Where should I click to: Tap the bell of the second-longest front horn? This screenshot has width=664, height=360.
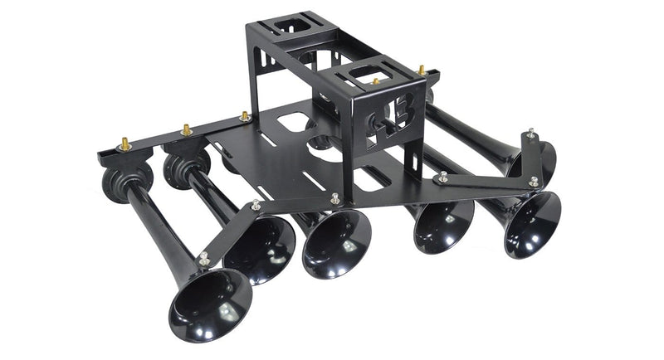(x=260, y=246)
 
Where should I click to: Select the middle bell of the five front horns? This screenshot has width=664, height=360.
(x=336, y=243)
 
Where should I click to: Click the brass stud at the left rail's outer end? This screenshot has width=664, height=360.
(x=125, y=144)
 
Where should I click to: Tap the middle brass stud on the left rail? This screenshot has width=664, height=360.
(x=187, y=130)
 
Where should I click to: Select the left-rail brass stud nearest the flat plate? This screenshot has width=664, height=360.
(x=245, y=117)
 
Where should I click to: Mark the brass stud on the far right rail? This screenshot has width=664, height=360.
(x=421, y=71)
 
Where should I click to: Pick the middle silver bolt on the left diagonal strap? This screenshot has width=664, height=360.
(x=255, y=204)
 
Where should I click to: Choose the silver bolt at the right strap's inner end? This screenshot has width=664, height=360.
(x=443, y=177)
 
